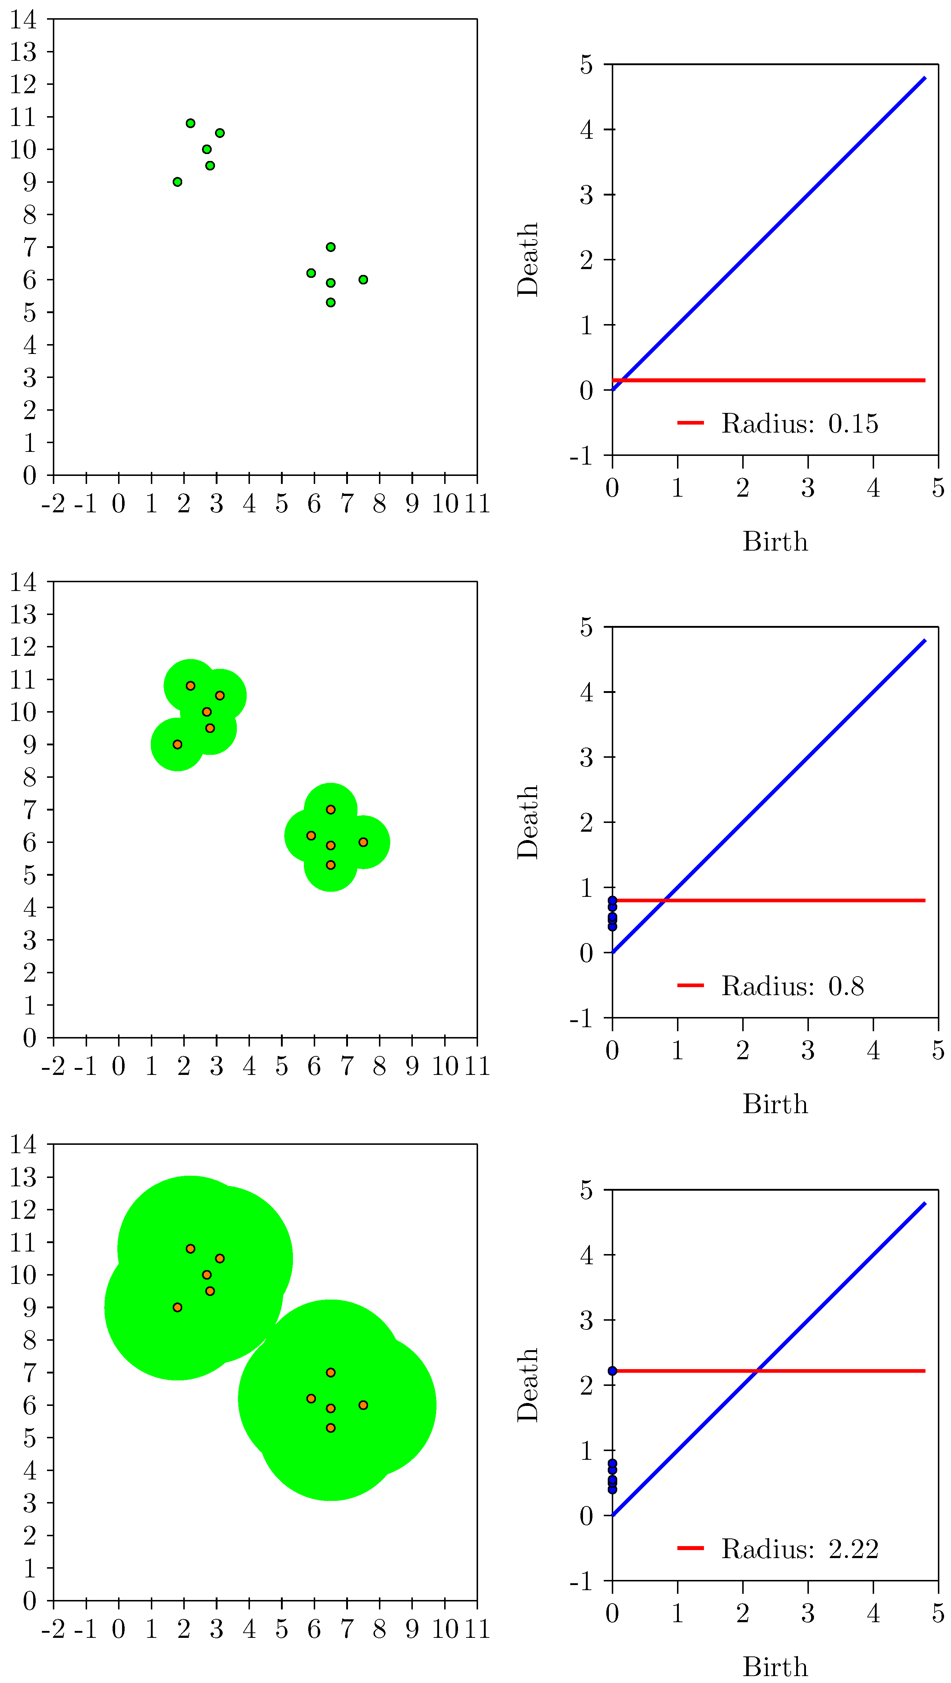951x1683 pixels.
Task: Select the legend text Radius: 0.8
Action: pos(792,986)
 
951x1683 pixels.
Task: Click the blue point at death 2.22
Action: pos(612,1371)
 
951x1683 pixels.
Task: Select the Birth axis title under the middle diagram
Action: pos(775,1104)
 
